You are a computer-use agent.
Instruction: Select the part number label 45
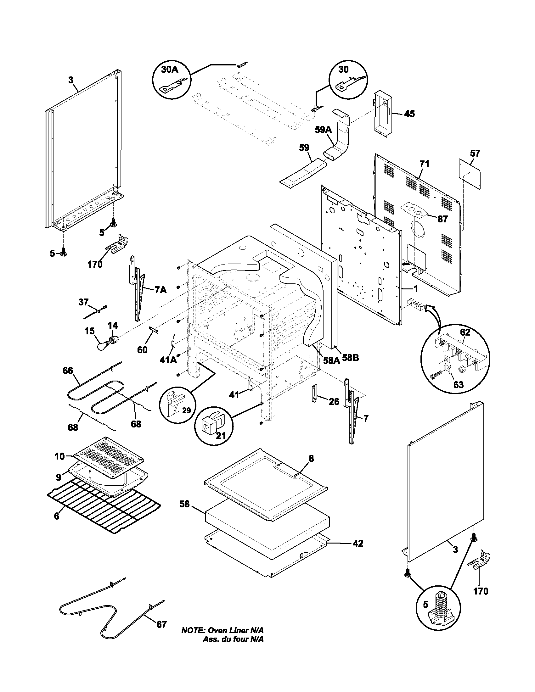(x=409, y=114)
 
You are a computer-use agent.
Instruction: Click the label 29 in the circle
(x=187, y=410)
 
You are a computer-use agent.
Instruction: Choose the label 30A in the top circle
(x=170, y=70)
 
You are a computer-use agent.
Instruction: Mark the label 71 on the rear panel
(x=424, y=164)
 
